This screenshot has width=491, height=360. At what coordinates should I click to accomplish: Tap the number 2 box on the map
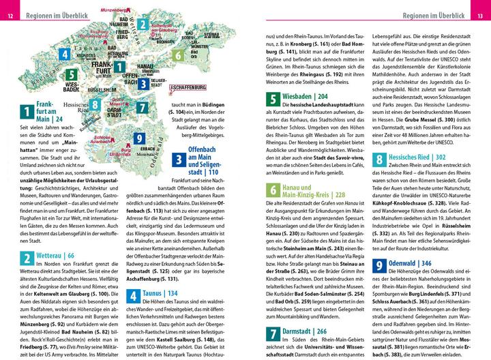[143, 25]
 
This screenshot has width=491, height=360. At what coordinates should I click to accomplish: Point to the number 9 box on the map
[139, 138]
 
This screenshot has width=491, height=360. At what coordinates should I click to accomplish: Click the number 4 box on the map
[64, 55]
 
